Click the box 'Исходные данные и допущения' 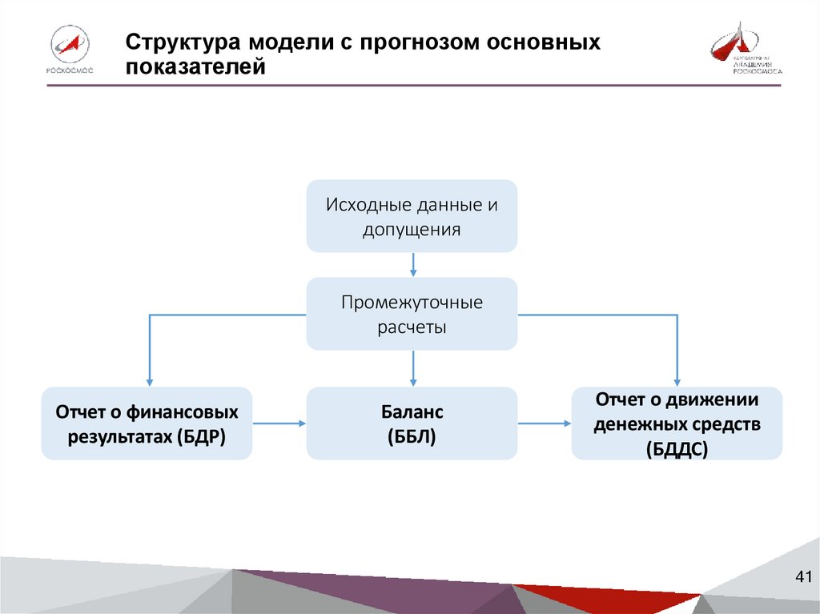tap(412, 216)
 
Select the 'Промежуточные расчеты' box tap(412, 314)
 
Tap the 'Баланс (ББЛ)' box tap(412, 423)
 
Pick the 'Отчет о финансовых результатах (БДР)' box tap(147, 423)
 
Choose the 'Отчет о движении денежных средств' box tap(677, 423)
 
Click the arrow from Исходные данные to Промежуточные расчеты tap(412, 265)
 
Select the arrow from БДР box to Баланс tap(279, 423)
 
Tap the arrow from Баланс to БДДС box tap(545, 423)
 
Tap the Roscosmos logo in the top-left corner tap(70, 50)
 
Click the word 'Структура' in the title tap(183, 42)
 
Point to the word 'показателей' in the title tap(195, 67)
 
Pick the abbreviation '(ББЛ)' tap(412, 437)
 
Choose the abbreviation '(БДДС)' tap(677, 450)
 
